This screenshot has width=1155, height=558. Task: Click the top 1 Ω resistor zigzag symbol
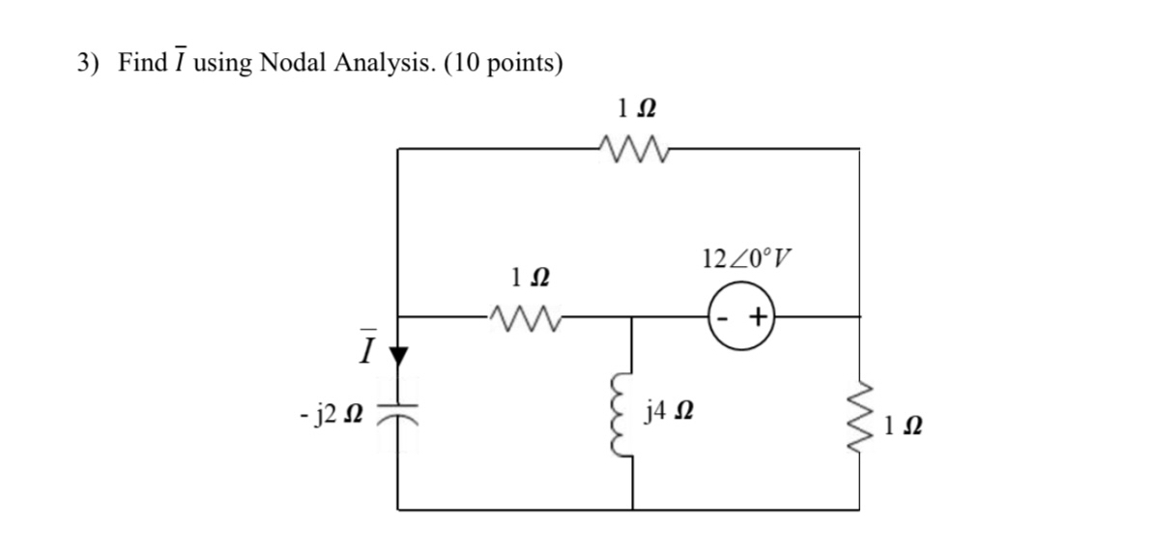pos(630,149)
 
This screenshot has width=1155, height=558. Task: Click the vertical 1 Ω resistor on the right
pos(858,414)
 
